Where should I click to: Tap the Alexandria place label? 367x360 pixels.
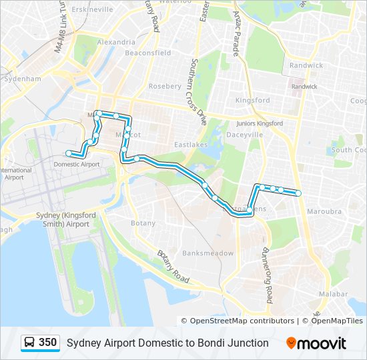click(x=115, y=42)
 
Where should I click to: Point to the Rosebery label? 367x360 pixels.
click(x=165, y=86)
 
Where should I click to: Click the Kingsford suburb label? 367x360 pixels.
click(x=253, y=101)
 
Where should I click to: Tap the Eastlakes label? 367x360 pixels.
click(x=192, y=145)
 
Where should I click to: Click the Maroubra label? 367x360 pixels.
click(x=326, y=211)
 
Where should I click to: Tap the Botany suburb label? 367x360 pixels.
click(x=143, y=223)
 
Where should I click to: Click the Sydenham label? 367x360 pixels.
click(x=23, y=79)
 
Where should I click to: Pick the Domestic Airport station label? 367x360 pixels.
click(x=76, y=164)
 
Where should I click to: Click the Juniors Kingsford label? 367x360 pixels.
click(x=260, y=123)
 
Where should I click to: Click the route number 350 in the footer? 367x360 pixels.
click(x=48, y=342)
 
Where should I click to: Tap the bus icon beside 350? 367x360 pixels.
click(x=29, y=343)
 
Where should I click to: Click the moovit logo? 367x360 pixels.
click(x=316, y=343)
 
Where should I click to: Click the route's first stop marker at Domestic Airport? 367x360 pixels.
click(x=69, y=154)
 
